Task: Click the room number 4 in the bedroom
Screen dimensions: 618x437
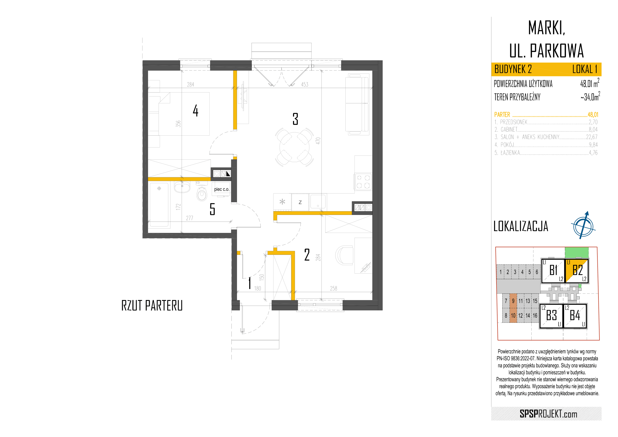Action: (x=196, y=111)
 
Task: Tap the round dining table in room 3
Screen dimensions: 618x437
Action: (x=294, y=147)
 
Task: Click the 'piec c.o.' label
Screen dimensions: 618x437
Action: (x=221, y=189)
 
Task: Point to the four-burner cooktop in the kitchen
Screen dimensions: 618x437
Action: (x=363, y=182)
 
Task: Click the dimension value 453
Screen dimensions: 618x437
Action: (x=305, y=85)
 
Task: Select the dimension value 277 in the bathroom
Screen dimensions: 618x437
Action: (x=189, y=218)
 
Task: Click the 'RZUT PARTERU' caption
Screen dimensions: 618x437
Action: (x=152, y=306)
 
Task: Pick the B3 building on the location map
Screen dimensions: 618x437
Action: (x=551, y=316)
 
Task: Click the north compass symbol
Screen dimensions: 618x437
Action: (x=583, y=226)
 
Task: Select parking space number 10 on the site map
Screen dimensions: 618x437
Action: (x=513, y=316)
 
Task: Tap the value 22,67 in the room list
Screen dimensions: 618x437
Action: (x=592, y=137)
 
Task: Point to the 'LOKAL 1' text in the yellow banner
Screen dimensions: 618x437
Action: (x=585, y=70)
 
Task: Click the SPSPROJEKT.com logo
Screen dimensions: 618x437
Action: (x=549, y=414)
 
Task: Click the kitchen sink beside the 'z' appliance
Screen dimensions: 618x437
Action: (x=318, y=201)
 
